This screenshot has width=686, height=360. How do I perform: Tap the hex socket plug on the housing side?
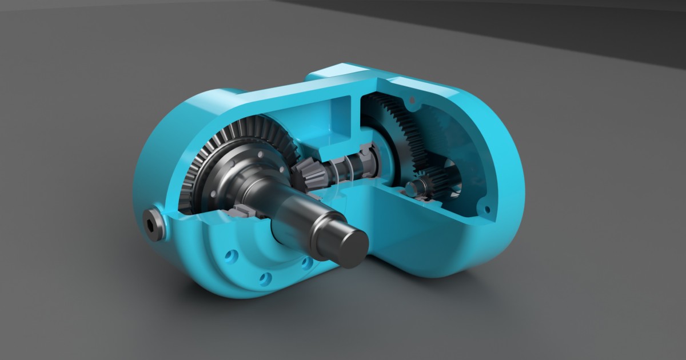click(151, 225)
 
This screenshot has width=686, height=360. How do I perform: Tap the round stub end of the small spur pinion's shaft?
click(413, 186)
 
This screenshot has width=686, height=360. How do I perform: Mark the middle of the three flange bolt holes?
click(265, 278)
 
